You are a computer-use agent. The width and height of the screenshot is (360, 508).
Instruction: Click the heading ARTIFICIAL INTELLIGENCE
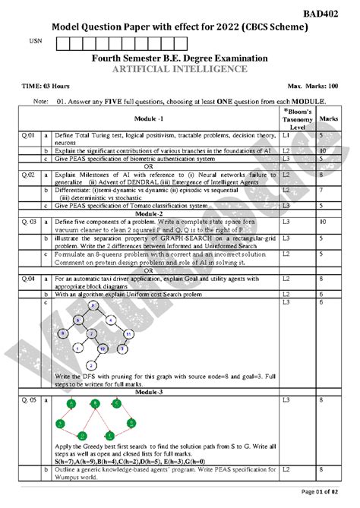179,70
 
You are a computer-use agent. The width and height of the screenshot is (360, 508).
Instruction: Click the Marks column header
329,119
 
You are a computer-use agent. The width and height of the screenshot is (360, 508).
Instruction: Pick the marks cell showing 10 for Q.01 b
324,150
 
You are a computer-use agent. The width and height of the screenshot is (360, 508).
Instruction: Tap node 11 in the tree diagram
130,333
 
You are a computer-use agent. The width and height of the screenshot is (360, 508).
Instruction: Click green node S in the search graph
59,421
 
